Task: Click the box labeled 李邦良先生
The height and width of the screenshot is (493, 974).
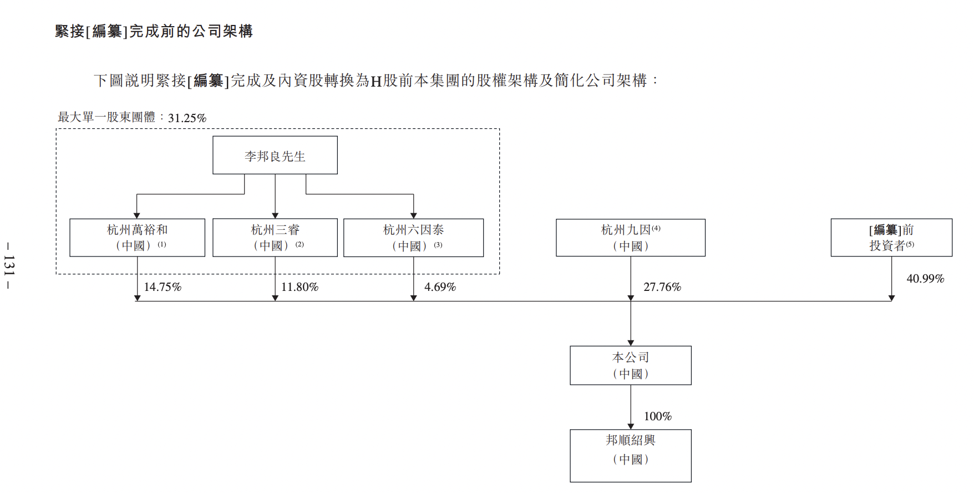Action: click(x=275, y=155)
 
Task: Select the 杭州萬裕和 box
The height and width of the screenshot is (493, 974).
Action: click(x=137, y=238)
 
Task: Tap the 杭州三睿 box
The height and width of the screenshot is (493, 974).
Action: click(x=275, y=238)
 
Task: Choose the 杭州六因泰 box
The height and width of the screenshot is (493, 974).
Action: click(x=413, y=238)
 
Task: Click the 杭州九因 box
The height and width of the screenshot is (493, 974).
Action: click(x=631, y=238)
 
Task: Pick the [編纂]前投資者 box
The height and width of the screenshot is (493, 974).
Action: click(x=891, y=238)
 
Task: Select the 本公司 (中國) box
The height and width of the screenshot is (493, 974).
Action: click(x=631, y=365)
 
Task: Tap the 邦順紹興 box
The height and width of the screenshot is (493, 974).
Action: click(x=631, y=456)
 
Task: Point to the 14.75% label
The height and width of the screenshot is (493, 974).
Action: click(x=163, y=287)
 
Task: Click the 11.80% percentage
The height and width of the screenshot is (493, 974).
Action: click(x=300, y=287)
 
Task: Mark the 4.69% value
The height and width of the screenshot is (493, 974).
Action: click(x=440, y=287)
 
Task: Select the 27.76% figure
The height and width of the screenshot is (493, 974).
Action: click(x=662, y=287)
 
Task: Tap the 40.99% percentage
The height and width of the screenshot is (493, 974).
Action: click(x=925, y=279)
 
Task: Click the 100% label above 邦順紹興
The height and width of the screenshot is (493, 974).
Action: click(x=658, y=416)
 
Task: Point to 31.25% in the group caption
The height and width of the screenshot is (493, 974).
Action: click(x=187, y=118)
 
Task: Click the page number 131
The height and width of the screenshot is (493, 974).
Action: click(x=9, y=265)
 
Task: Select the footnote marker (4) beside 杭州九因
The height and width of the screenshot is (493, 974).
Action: click(x=656, y=228)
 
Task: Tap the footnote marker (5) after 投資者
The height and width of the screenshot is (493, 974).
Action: click(x=910, y=244)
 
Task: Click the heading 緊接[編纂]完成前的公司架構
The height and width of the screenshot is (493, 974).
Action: click(x=154, y=31)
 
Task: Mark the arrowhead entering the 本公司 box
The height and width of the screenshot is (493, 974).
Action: click(x=631, y=343)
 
